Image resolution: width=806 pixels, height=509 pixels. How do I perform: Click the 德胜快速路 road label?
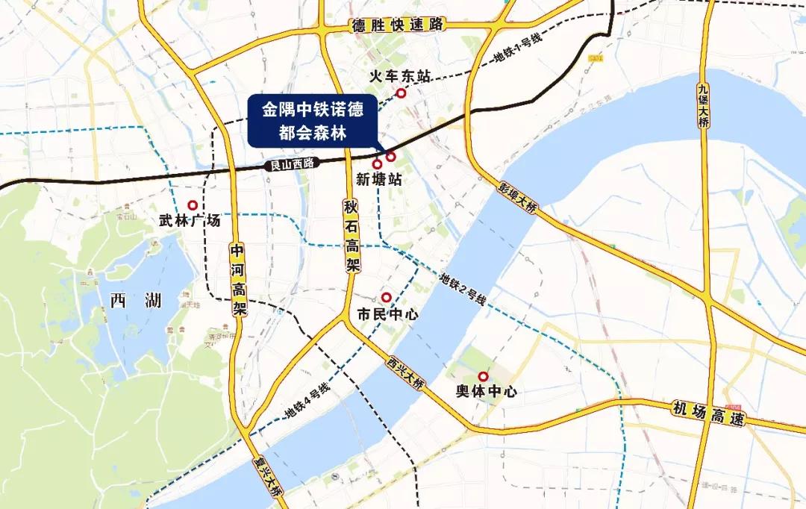[398, 25]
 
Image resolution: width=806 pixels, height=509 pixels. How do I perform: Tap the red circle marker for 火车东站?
[402, 93]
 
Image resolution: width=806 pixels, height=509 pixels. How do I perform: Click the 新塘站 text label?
[378, 180]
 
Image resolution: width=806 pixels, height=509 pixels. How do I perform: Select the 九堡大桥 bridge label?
[703, 104]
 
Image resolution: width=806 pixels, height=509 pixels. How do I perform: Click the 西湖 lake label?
[135, 301]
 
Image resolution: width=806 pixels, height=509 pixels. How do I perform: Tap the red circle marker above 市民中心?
[386, 297]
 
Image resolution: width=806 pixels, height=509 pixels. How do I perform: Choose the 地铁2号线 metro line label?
[463, 290]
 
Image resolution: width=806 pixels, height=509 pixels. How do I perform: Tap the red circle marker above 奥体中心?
[483, 376]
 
